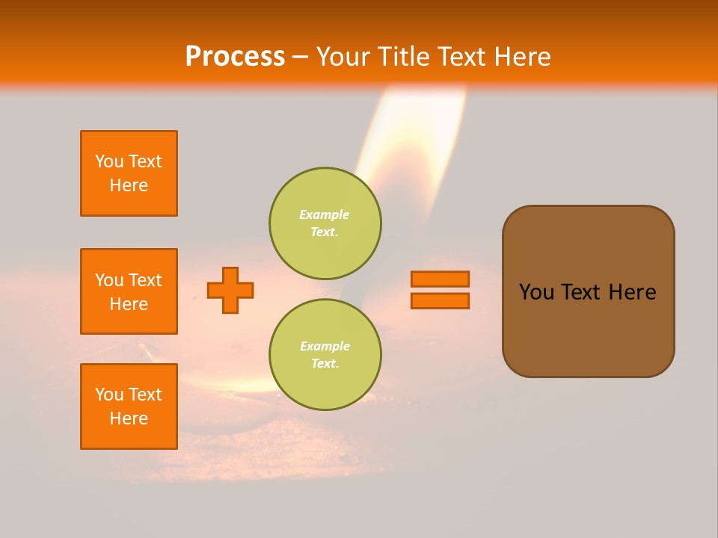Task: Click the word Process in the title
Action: pos(235,57)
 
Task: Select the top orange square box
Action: pos(129,173)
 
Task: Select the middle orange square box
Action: pos(129,291)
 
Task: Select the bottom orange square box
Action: pos(129,406)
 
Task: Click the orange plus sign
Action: pos(230,290)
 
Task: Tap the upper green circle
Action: pos(325,223)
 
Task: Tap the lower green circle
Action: pos(325,354)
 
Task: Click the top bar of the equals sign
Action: pos(440,279)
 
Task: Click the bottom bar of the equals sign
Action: pos(440,300)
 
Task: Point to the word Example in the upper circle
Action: pos(324,214)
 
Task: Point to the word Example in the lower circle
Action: pos(325,346)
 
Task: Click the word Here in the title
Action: pos(522,57)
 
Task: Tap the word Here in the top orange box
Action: pos(129,185)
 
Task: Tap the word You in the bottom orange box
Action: pos(109,394)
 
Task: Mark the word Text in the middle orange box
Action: pos(144,280)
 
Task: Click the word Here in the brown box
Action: pos(632,292)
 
